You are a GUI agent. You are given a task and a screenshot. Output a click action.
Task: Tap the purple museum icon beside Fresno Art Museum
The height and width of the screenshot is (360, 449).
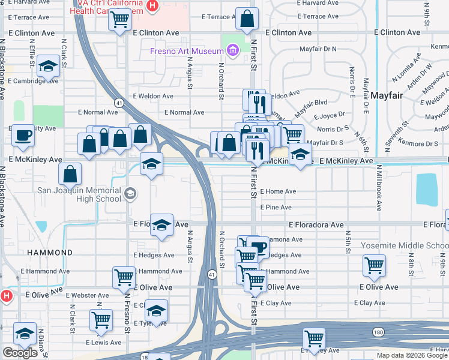tap(233, 51)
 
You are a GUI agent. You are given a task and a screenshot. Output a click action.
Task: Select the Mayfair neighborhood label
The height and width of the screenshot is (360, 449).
tap(386, 95)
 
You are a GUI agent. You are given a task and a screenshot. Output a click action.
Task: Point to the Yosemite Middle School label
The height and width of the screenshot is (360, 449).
tap(405, 246)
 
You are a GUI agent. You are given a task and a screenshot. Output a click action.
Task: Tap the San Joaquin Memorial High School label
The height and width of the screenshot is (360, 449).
tap(79, 195)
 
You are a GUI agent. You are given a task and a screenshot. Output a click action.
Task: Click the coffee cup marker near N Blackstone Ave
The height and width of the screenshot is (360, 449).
tap(23, 135)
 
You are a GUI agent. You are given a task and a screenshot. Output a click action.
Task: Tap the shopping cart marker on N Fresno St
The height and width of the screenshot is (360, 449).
tap(124, 277)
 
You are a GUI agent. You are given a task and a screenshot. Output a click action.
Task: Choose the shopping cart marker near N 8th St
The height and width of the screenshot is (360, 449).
tap(374, 265)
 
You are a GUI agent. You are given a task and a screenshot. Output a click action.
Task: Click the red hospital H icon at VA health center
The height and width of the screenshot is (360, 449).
tap(152, 7)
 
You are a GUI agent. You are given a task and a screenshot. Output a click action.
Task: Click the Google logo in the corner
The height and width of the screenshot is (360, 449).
tap(20, 353)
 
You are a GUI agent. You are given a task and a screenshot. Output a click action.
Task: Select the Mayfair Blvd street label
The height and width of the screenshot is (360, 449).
tap(313, 103)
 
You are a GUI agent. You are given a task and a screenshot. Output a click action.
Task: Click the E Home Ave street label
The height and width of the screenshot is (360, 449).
tap(278, 192)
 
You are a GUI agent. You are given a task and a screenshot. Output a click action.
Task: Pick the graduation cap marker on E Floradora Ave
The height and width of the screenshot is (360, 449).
tap(161, 224)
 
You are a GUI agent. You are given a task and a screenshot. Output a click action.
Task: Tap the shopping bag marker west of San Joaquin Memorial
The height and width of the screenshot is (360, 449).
tap(70, 174)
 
